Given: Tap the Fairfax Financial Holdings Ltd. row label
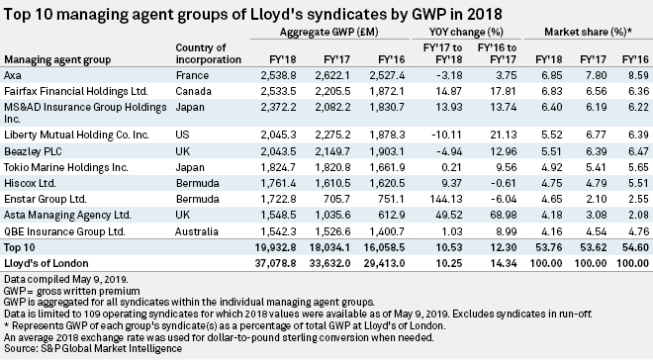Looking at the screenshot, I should click(x=74, y=88).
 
